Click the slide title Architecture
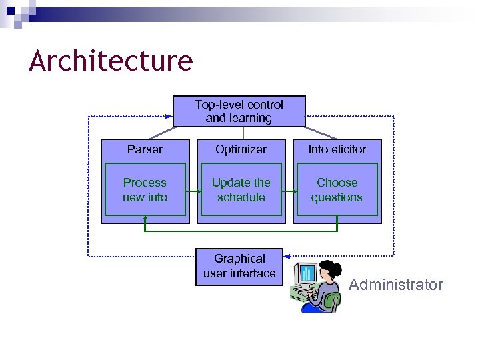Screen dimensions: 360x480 click(x=111, y=61)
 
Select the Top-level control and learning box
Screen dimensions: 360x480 click(x=239, y=111)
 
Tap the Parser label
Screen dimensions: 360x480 click(x=145, y=149)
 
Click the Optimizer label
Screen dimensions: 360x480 click(x=241, y=149)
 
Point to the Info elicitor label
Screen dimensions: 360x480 click(x=337, y=149)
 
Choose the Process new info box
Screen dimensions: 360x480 click(x=145, y=190)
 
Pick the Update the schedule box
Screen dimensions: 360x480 click(x=241, y=190)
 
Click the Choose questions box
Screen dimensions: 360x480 click(x=337, y=190)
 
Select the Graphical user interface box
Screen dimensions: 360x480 click(x=239, y=266)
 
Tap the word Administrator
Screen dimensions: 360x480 click(x=396, y=285)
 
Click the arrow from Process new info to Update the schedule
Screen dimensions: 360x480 click(x=193, y=191)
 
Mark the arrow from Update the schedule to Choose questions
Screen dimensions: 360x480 click(x=289, y=191)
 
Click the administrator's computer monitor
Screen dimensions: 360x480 click(x=307, y=273)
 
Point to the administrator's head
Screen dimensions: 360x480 click(x=330, y=271)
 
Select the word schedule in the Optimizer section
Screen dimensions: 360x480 click(x=241, y=197)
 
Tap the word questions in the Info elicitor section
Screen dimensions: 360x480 click(x=337, y=197)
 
